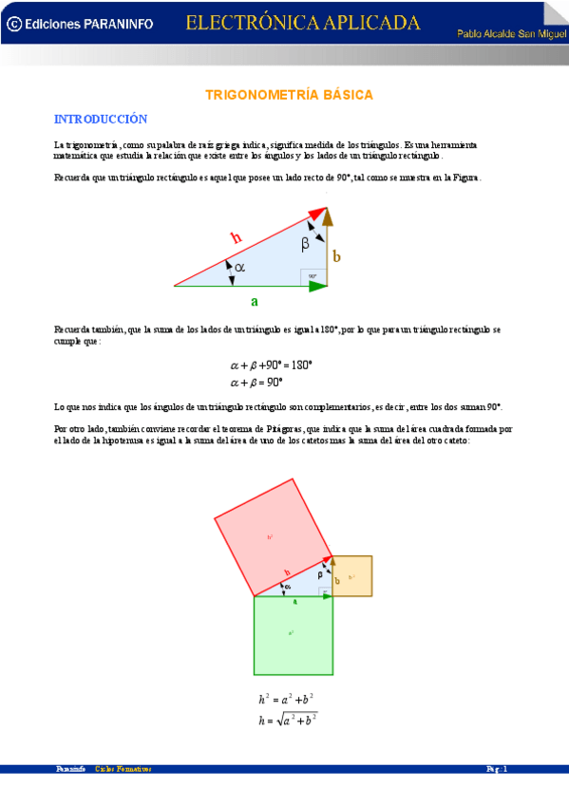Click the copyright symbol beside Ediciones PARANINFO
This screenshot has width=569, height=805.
pos(13,26)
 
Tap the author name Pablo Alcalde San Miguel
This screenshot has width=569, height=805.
pos(511,33)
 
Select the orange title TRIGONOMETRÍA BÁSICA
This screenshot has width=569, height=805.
pos(290,95)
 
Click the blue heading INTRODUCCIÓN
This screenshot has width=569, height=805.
pos(101,119)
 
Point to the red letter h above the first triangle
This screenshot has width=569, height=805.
pos(237,238)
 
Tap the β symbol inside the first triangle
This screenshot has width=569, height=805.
pos(305,244)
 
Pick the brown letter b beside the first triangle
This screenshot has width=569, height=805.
pos(336,256)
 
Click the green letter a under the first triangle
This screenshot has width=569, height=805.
pos(254,302)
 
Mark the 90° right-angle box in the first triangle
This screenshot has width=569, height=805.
pos(313,276)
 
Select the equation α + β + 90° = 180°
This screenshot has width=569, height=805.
pos(272,365)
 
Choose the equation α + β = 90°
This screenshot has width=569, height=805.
pos(256,383)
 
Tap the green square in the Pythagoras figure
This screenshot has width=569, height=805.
pos(293,633)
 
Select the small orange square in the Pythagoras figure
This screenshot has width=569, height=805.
pos(352,576)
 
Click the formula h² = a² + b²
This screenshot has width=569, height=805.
pos(288,700)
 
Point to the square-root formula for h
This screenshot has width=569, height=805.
pos(288,720)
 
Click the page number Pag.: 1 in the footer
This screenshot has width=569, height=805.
pos(498,769)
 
